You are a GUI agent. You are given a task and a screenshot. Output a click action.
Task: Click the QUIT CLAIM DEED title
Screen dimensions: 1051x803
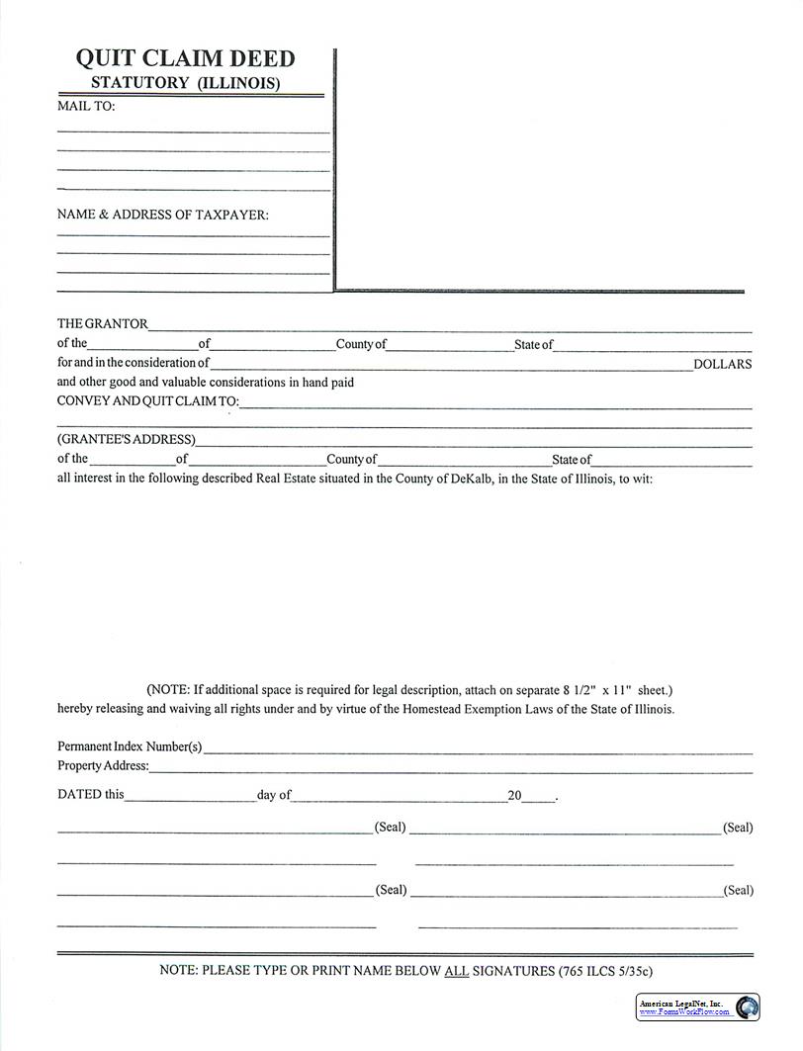(185, 58)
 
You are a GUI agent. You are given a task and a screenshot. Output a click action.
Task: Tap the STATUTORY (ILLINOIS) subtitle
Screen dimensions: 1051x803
(185, 83)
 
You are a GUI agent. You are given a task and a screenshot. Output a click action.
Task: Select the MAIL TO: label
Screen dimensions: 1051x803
(86, 107)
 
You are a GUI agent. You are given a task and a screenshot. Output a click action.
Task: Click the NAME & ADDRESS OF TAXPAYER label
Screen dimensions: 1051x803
(162, 215)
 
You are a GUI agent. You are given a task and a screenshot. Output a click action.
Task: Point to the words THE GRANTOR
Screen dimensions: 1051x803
(102, 323)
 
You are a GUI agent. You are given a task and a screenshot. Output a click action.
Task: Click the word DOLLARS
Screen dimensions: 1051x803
(722, 364)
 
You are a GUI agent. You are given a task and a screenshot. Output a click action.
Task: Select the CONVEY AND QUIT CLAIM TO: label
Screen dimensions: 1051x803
(147, 401)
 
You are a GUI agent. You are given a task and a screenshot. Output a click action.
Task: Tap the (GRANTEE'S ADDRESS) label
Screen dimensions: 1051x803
(126, 439)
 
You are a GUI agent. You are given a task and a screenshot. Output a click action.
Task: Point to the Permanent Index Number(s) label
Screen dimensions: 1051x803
(130, 746)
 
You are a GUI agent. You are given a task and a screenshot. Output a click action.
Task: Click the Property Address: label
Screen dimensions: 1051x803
(103, 765)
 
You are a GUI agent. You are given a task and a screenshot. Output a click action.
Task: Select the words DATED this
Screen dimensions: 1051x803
(91, 794)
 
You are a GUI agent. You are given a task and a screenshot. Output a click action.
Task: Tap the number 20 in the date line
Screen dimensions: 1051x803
(513, 794)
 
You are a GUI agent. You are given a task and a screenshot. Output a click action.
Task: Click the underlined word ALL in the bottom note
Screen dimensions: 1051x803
(456, 971)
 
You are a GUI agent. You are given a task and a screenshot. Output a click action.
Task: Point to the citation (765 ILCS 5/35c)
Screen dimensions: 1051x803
(605, 971)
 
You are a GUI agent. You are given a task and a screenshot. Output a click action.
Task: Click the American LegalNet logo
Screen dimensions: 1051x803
(698, 1007)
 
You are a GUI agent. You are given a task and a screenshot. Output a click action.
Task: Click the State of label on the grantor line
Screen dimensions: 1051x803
(533, 345)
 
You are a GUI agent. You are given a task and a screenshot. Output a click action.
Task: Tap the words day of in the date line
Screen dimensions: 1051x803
(274, 794)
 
